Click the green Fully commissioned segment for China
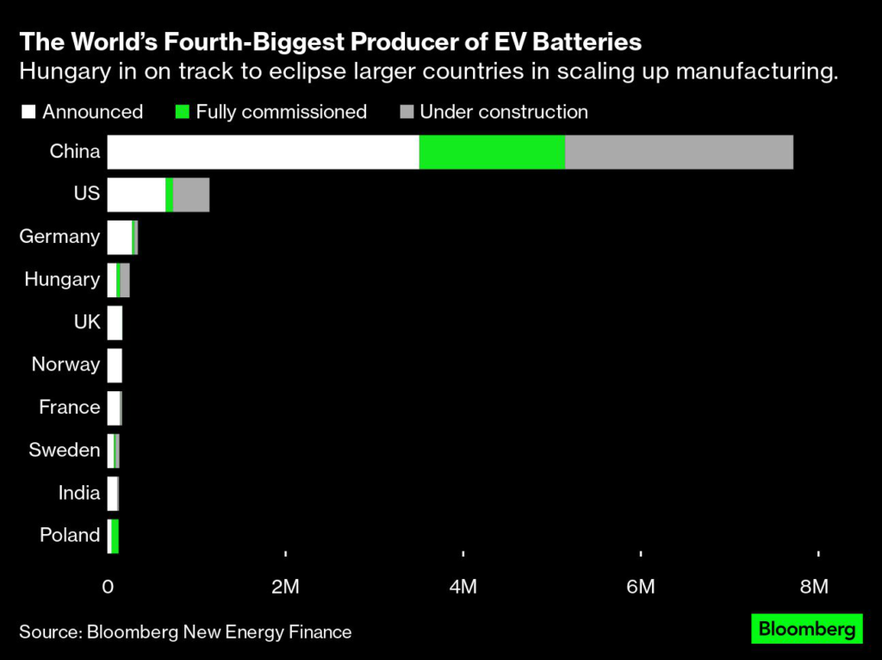pos(492,152)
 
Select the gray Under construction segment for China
pos(679,152)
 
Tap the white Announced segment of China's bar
pos(263,152)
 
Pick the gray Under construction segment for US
pos(191,195)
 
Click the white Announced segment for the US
pos(136,195)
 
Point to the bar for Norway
pos(115,365)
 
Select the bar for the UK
pos(115,322)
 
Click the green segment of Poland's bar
pos(115,536)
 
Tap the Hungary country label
pos(62,279)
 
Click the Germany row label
pos(59,236)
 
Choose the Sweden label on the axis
pos(64,450)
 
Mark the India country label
pos(79,493)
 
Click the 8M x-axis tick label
pos(814,587)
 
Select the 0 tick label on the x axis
pos(109,587)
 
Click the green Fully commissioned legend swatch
pos(182,112)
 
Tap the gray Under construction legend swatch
pos(407,112)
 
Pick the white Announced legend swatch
pos(28,112)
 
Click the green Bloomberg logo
pos(806,629)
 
